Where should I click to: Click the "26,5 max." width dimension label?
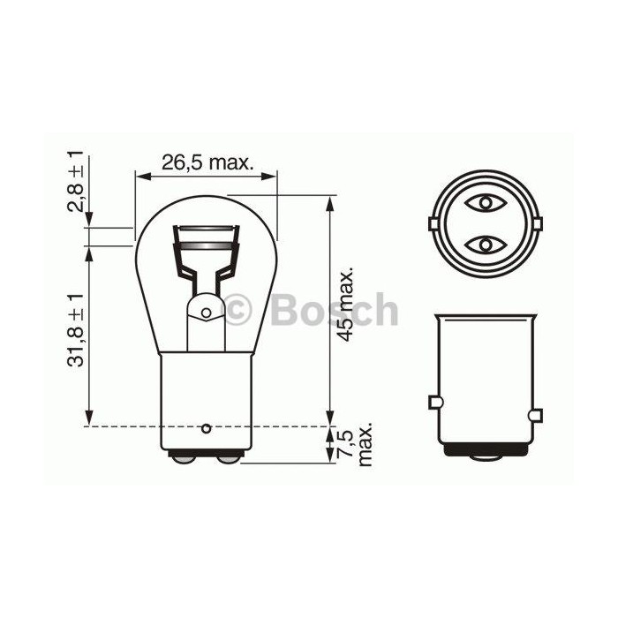(207, 162)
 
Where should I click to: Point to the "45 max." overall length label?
(347, 302)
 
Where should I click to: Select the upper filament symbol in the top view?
(486, 202)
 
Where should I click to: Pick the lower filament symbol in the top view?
(486, 244)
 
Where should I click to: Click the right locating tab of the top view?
(540, 223)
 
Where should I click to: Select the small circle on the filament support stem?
(206, 312)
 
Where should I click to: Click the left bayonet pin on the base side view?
(433, 403)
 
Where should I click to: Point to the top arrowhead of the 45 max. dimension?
(329, 202)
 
